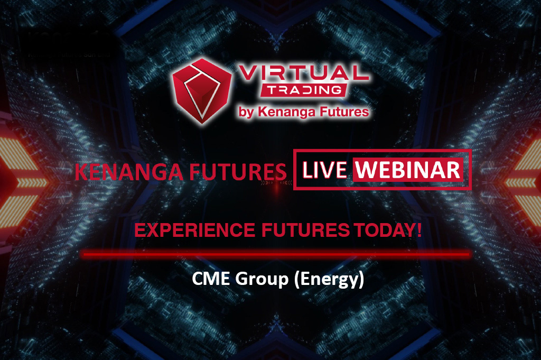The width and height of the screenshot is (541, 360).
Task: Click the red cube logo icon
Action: tap(202, 91)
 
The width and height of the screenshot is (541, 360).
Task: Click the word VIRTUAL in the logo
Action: tap(304, 73)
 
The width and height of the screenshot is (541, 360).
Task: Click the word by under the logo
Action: tap(246, 113)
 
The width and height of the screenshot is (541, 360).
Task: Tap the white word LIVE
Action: tap(324, 170)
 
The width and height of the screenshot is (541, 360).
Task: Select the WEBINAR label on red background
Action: tap(408, 170)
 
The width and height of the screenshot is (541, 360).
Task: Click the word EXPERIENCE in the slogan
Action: tap(194, 230)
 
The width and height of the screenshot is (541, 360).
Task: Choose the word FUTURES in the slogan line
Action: tap(305, 230)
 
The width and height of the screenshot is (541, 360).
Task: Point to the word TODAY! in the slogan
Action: tap(388, 230)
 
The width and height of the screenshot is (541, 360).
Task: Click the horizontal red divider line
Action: tap(277, 255)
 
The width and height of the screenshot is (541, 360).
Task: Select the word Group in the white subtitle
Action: tap(262, 280)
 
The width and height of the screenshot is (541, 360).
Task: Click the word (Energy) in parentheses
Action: tap(329, 280)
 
